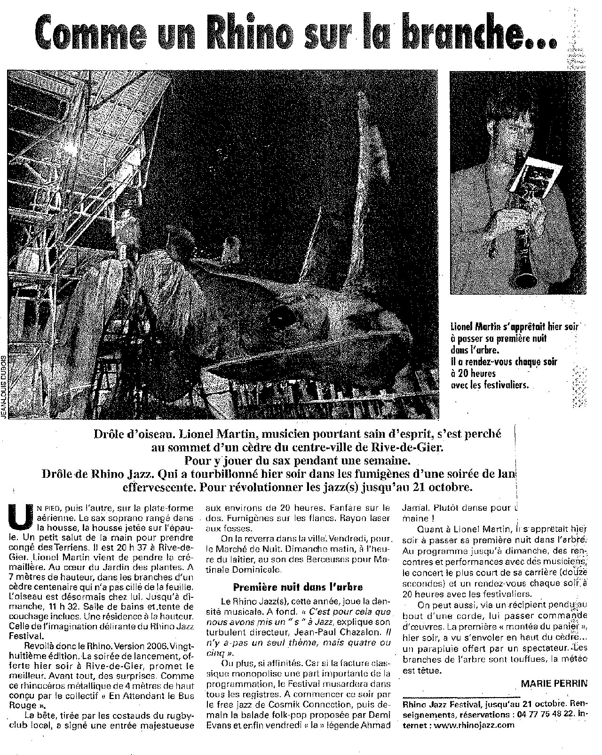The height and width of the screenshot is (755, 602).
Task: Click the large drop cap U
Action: pyautogui.click(x=20, y=517)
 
